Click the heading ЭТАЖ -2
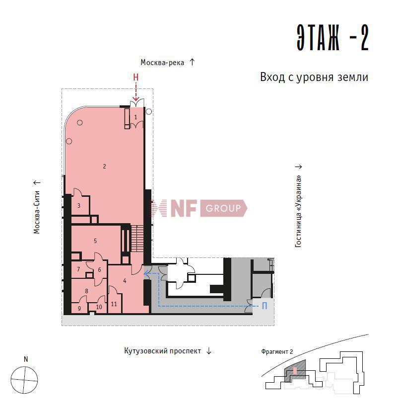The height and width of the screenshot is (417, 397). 332,37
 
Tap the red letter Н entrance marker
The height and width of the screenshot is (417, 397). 135,78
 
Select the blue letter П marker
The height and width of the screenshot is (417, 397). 265,306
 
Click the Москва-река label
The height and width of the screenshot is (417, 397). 162,63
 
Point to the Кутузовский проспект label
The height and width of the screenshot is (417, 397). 162,351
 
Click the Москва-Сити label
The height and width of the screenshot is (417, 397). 37,212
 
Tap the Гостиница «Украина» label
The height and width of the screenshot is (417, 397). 298,211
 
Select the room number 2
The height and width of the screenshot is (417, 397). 104,167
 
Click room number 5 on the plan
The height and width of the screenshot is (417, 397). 95,241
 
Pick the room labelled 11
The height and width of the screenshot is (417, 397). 114,304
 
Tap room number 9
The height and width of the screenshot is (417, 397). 79,309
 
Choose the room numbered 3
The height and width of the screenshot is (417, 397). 78,206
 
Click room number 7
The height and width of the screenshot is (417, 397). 78,269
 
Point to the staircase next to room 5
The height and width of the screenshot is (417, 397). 137,239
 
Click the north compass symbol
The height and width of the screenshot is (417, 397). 24,380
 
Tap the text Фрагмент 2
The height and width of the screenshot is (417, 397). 277,351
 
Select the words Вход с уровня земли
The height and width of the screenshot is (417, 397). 314,77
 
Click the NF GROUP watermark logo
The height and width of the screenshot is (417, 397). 198,208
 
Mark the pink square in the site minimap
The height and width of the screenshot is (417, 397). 295,371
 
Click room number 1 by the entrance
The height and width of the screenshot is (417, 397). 135,117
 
